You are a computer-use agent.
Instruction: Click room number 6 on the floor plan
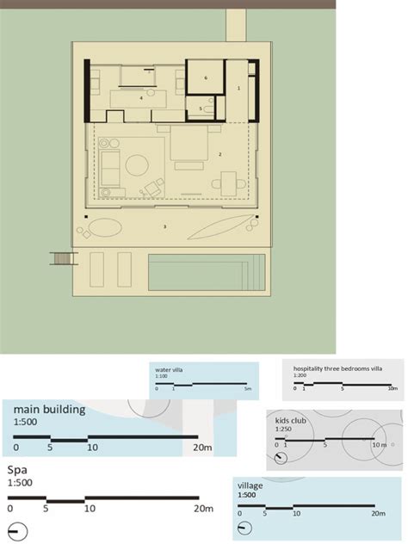point(206,77)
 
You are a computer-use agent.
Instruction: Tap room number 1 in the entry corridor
point(238,88)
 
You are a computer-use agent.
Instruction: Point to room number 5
point(201,108)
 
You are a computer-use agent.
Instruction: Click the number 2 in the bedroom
point(220,155)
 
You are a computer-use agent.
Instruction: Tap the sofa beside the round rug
point(110,166)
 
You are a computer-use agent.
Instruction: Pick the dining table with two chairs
point(228,182)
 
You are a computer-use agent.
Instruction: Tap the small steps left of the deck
point(60,258)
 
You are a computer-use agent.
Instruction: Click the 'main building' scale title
point(49,410)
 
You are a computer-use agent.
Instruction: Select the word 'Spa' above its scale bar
point(17,471)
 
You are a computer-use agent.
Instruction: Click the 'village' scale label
point(250,486)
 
